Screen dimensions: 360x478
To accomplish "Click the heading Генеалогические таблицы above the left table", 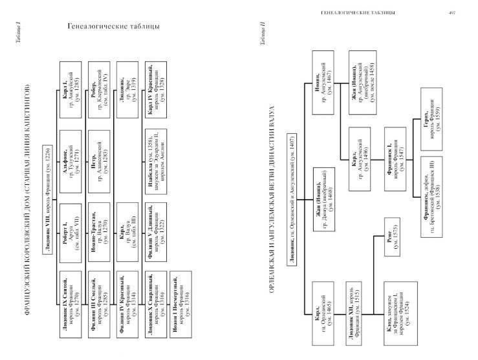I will [x=114, y=26].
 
